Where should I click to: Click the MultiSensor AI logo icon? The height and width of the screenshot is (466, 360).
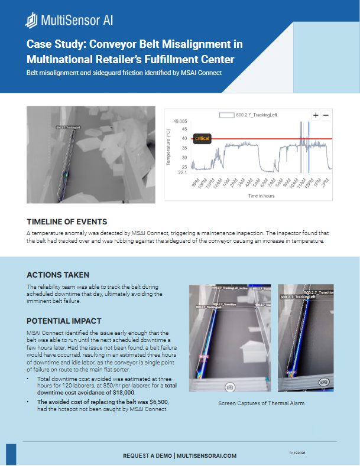(31, 21)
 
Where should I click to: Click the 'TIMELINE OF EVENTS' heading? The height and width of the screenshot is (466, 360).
(67, 221)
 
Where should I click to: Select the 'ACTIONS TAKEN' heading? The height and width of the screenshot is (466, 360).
(58, 275)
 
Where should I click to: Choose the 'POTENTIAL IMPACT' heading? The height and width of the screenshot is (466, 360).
(63, 321)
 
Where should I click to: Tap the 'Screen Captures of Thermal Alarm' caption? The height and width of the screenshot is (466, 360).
(261, 404)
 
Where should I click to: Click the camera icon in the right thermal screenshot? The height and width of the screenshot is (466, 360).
(323, 382)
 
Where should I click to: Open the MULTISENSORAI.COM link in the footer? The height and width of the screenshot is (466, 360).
(206, 456)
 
